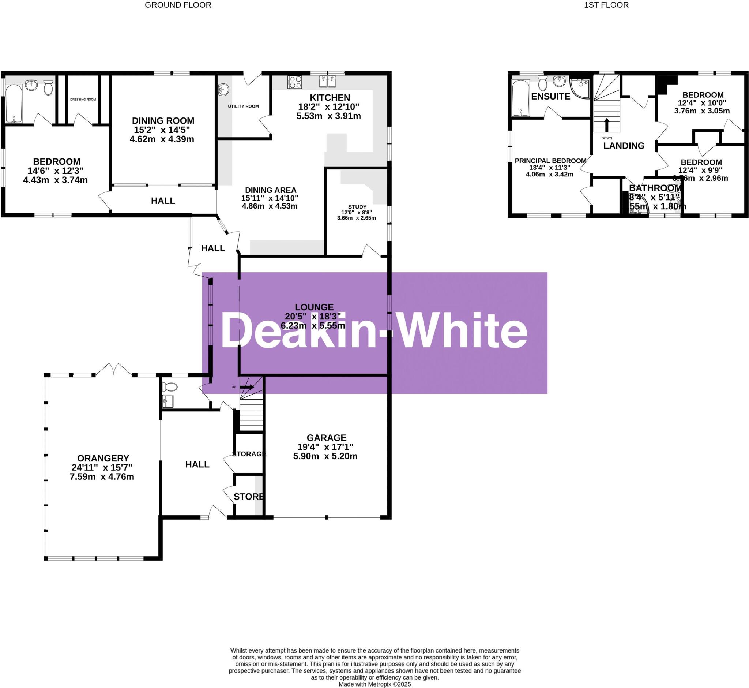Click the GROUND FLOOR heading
[x=178, y=5]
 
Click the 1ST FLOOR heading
[x=606, y=5]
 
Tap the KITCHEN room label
[x=330, y=98]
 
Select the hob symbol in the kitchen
[x=295, y=82]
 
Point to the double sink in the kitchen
[x=327, y=81]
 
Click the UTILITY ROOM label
[x=243, y=106]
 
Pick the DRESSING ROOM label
[x=83, y=100]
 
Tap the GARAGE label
[x=326, y=438]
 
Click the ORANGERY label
[x=103, y=458]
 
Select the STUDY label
[x=357, y=207]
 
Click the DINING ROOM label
[x=163, y=121]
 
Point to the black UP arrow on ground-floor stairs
[x=248, y=388]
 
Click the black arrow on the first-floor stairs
[x=606, y=125]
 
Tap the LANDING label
[x=624, y=146]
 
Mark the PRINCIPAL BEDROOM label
[x=550, y=161]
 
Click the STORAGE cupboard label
[x=249, y=454]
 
